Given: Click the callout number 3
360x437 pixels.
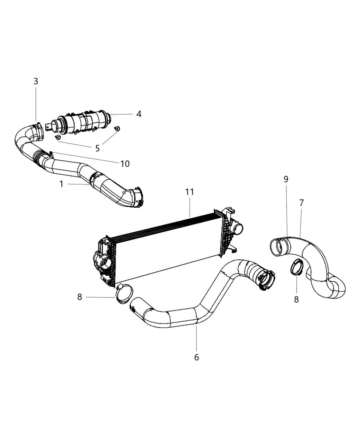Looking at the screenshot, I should tap(36, 82).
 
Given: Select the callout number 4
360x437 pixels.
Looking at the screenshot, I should tap(139, 114).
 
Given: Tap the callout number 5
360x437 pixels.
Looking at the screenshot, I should tap(97, 148).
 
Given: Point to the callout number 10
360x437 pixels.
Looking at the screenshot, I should tap(125, 164).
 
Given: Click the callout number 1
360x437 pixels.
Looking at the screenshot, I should tap(61, 184).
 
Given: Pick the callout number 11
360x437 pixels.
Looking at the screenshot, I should tap(190, 192).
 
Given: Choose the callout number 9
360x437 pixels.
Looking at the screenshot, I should tap(286, 179).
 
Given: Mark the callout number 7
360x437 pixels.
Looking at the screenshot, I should tap(301, 203).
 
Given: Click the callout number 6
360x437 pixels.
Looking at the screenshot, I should tap(196, 357).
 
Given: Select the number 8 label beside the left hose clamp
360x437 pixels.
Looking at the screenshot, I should tap(80, 297).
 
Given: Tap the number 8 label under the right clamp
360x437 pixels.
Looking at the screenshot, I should tap(296, 299).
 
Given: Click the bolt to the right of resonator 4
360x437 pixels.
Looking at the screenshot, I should tap(117, 129).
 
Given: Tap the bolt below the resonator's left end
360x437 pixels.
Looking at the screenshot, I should tap(58, 137).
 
